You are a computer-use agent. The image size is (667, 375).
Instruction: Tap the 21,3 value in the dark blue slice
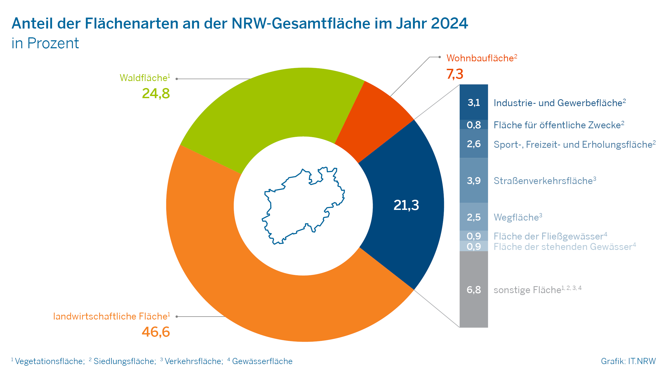pyautogui.click(x=406, y=205)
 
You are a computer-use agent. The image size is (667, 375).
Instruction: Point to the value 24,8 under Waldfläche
pyautogui.click(x=156, y=93)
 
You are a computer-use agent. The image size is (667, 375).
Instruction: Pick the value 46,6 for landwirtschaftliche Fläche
pyautogui.click(x=156, y=332)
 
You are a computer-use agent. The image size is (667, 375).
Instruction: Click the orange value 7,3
pyautogui.click(x=455, y=74)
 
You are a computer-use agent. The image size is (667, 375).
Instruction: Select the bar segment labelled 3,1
pyautogui.click(x=474, y=102)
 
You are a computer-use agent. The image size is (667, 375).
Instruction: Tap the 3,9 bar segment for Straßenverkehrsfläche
pyautogui.click(x=474, y=181)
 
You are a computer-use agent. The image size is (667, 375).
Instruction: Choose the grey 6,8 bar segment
pyautogui.click(x=474, y=289)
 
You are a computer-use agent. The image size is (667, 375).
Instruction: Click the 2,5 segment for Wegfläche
pyautogui.click(x=474, y=217)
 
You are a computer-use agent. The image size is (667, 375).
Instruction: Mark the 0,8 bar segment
pyautogui.click(x=474, y=125)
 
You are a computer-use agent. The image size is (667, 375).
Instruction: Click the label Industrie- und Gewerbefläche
pyautogui.click(x=558, y=103)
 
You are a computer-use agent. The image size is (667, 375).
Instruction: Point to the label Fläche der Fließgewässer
pyautogui.click(x=548, y=236)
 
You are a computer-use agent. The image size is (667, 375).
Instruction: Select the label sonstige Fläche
pyautogui.click(x=527, y=290)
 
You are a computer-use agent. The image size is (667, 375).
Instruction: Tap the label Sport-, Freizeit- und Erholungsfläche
pyautogui.click(x=573, y=145)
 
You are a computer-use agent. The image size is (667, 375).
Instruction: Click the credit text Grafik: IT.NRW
pyautogui.click(x=628, y=361)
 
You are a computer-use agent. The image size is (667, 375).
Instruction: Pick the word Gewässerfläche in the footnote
pyautogui.click(x=262, y=361)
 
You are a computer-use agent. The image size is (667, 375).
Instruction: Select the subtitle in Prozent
pyautogui.click(x=45, y=43)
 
